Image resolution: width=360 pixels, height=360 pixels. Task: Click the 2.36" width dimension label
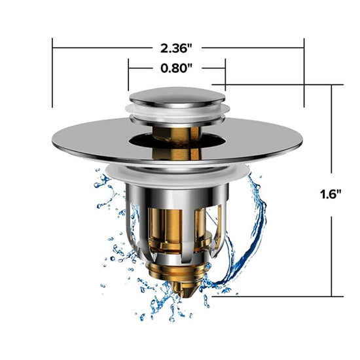[178, 47]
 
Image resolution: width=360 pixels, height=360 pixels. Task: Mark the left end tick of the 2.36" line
[52, 72]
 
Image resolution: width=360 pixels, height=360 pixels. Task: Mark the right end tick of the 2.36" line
[304, 72]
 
